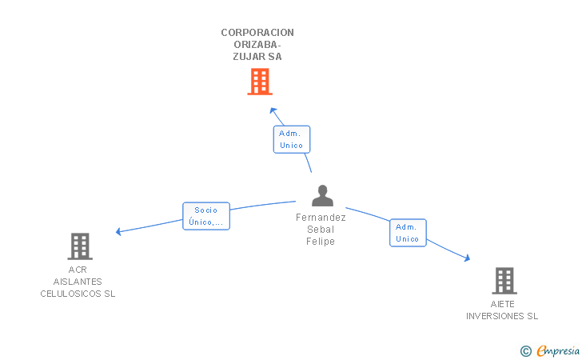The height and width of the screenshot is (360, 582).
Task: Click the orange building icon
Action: (x=260, y=82)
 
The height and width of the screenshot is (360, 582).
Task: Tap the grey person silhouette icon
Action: (x=322, y=195)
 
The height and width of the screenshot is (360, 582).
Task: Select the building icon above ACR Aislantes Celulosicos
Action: (x=80, y=246)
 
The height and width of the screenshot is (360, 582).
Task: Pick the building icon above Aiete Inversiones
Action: (x=504, y=281)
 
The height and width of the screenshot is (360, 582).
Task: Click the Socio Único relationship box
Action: (x=206, y=216)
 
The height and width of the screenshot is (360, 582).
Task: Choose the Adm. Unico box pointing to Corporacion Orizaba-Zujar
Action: (x=292, y=139)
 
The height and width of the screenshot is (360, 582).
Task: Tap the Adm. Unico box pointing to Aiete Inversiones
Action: (x=408, y=233)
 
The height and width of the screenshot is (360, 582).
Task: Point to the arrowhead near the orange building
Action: (x=273, y=110)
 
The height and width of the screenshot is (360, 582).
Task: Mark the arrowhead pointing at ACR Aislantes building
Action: (x=118, y=231)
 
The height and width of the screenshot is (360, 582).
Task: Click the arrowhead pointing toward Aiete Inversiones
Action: (x=468, y=258)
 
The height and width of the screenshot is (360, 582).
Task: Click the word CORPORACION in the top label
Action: (x=257, y=33)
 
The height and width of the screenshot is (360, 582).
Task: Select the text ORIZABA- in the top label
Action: (x=257, y=45)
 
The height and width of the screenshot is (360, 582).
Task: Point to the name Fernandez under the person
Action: (x=321, y=218)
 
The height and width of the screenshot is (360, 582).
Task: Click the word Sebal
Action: (x=321, y=230)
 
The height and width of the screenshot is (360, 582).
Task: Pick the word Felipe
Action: (x=321, y=242)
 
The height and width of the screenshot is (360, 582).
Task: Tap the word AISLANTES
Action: (x=78, y=282)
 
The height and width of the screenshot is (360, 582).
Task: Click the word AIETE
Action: (x=503, y=304)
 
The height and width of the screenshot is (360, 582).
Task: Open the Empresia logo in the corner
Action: (x=550, y=350)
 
